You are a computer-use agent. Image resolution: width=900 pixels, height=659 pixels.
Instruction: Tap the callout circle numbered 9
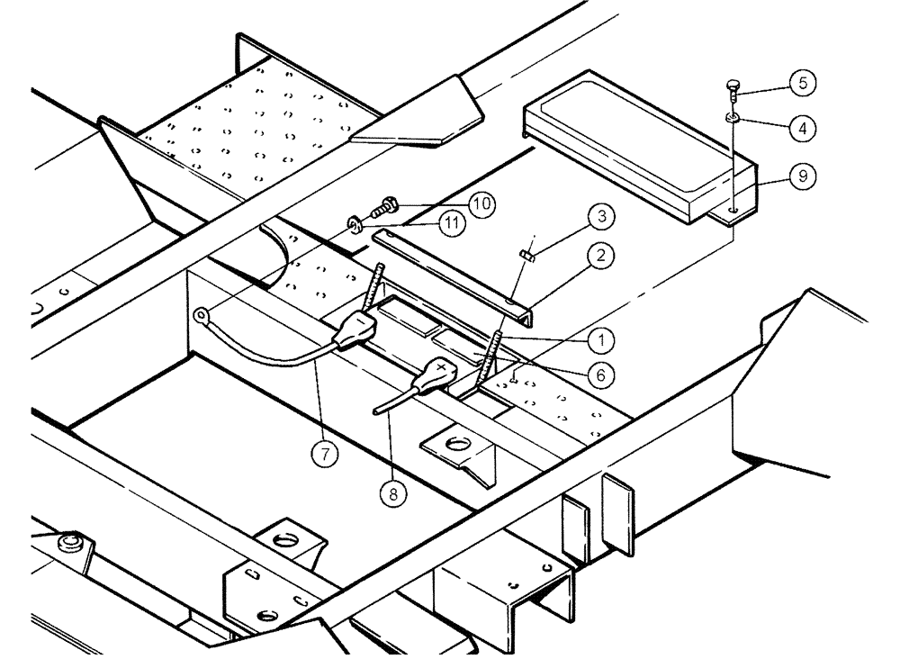point(800,177)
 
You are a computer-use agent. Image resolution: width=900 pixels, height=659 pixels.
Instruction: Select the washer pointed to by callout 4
point(733,117)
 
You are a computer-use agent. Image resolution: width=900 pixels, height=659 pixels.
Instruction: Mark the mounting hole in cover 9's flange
point(735,209)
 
